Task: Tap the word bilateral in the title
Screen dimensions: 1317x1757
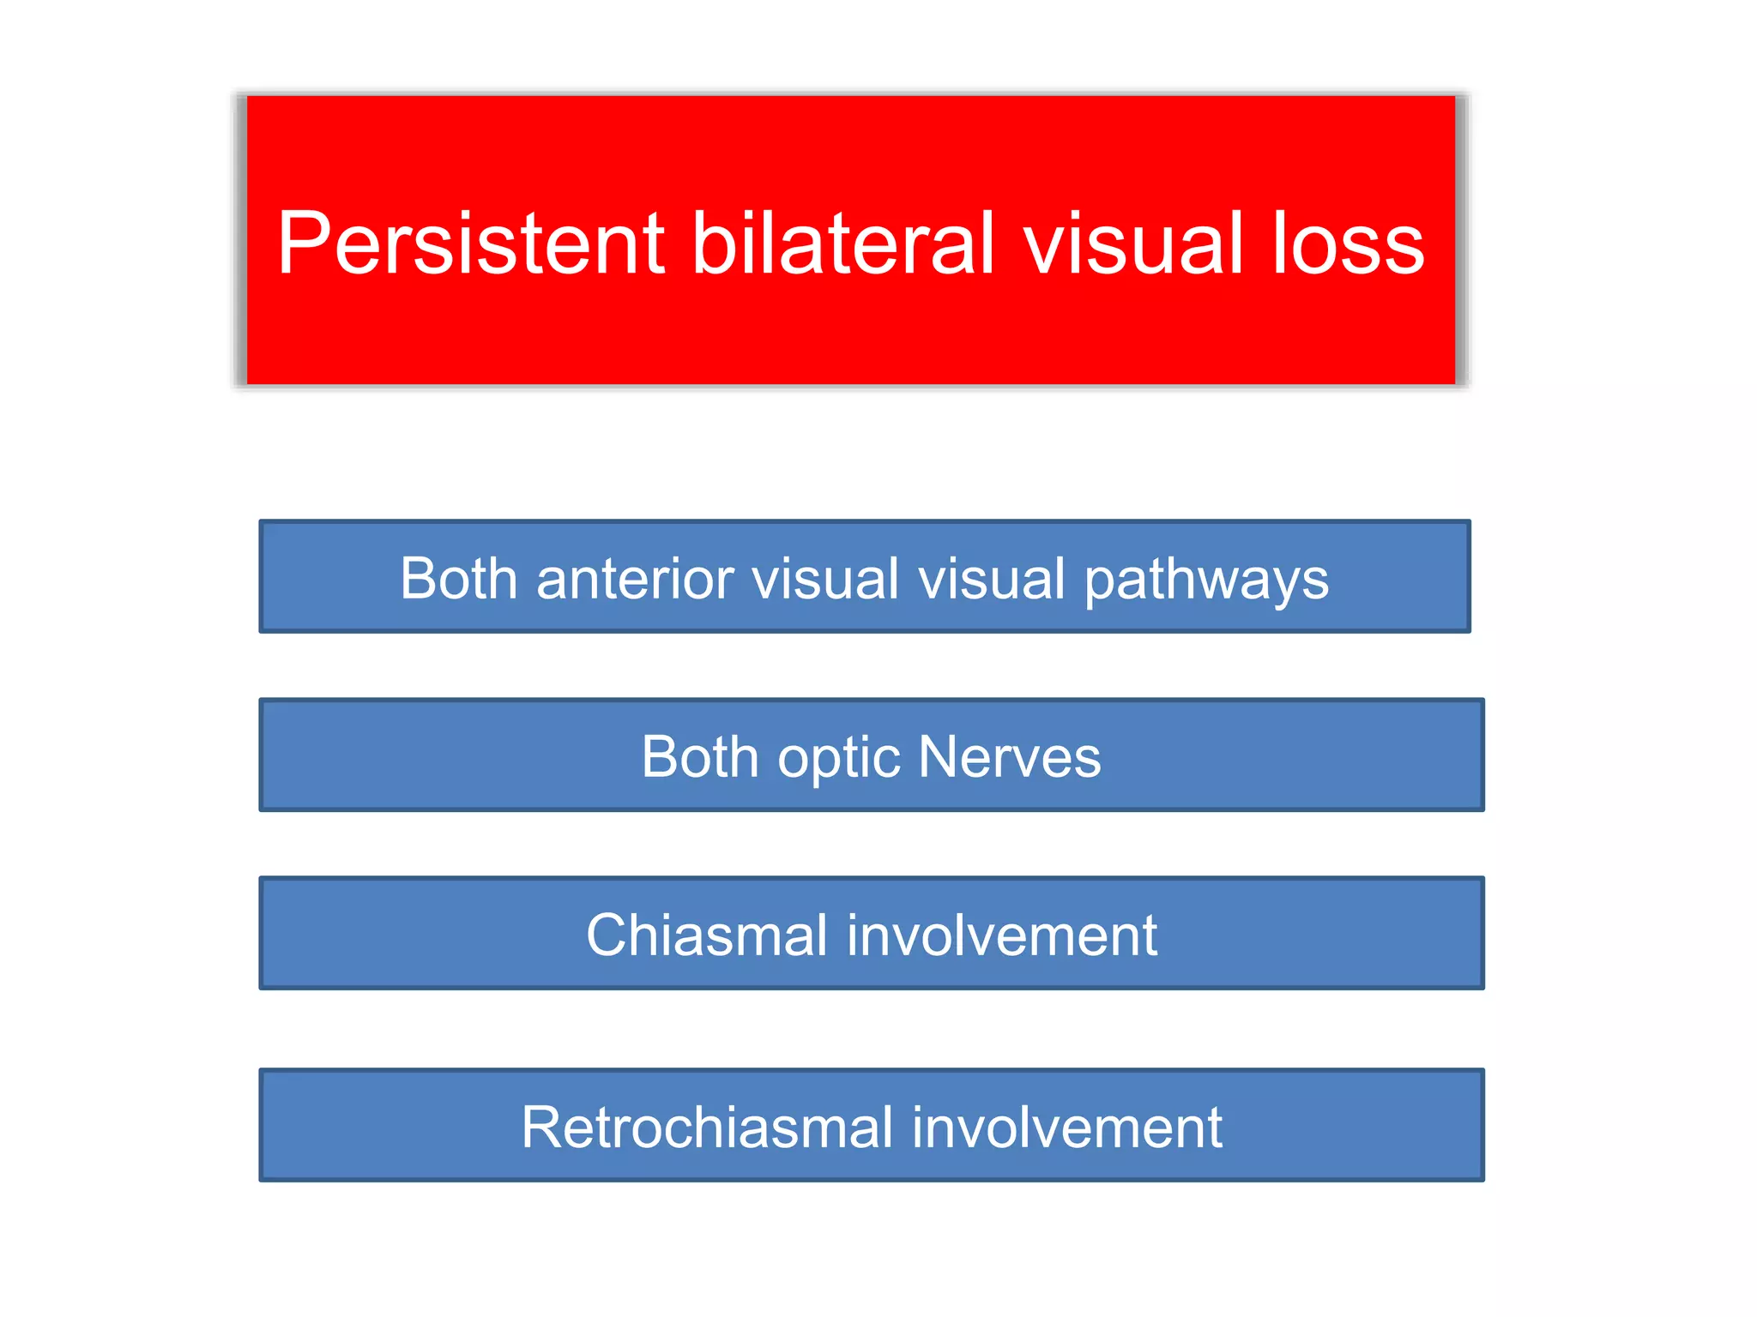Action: coord(843,244)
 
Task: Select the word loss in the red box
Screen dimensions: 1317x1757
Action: coord(1348,244)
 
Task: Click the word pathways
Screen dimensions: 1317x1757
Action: coord(1206,580)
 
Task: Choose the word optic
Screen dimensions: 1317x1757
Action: coord(838,758)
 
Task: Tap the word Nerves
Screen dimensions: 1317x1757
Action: coord(1009,757)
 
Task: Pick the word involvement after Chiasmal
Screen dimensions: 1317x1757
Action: coord(1002,935)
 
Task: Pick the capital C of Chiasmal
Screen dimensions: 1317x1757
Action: coord(610,935)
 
